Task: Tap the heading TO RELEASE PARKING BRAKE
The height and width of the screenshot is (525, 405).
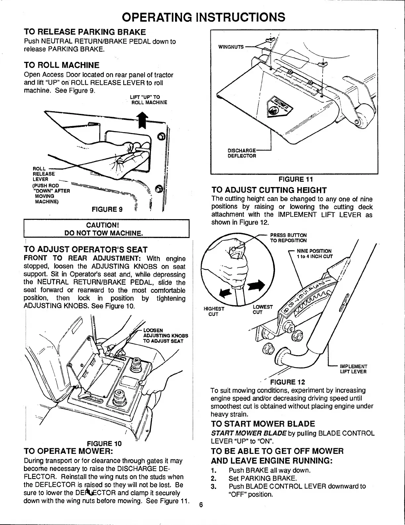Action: click(x=85, y=32)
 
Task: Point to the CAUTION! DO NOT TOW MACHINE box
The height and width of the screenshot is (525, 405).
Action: click(x=106, y=229)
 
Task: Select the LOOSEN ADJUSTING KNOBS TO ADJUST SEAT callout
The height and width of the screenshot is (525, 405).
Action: click(x=165, y=336)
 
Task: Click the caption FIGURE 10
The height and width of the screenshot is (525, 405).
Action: click(x=104, y=443)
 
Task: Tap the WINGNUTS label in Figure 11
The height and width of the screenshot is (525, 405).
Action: click(x=230, y=47)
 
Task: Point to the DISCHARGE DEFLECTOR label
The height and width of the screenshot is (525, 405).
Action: click(x=242, y=153)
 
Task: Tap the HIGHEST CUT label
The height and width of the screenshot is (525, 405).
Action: click(x=214, y=311)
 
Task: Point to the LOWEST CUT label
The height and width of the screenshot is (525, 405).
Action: click(x=262, y=309)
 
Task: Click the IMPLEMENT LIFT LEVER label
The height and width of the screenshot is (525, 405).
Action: click(x=353, y=369)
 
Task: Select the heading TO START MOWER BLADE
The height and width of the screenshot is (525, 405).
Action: click(x=263, y=424)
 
